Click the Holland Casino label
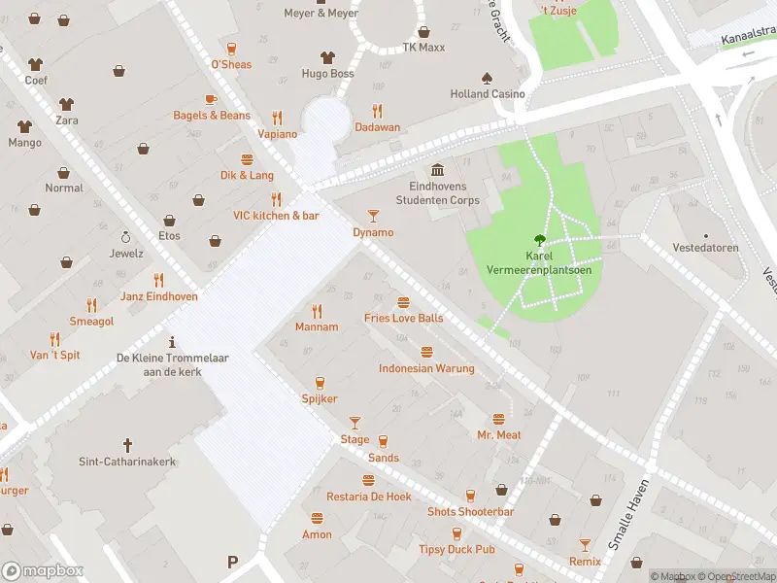tap(488, 94)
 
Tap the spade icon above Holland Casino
tap(487, 77)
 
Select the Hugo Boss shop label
tap(327, 74)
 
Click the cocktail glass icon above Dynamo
tap(373, 215)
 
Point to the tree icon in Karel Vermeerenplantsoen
tap(538, 240)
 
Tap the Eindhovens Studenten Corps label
tap(437, 193)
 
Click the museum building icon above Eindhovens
tap(437, 169)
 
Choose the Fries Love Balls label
tap(403, 319)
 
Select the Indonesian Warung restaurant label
tap(426, 368)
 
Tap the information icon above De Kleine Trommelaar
tap(172, 341)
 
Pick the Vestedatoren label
tap(705, 248)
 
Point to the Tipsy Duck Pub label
tap(457, 550)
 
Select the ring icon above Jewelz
tap(125, 236)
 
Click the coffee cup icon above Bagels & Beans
tap(211, 99)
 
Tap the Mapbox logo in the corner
tap(43, 571)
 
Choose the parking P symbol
tap(232, 562)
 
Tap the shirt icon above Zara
tap(66, 103)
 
